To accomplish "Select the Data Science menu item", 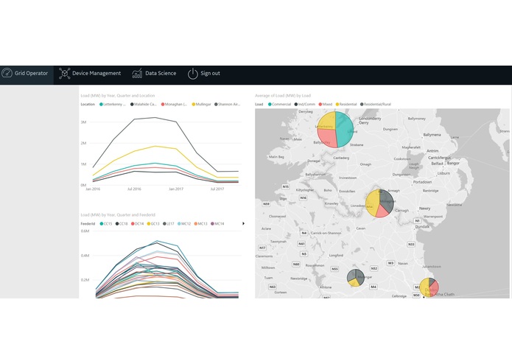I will tap(155, 74).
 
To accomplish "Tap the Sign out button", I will tap(204, 74).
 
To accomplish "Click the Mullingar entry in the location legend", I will tap(203, 105).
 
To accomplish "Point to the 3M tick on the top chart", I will tap(84, 122).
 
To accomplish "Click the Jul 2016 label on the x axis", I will tap(134, 189).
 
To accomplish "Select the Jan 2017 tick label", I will tap(175, 189).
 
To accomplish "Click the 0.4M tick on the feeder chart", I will tap(84, 256).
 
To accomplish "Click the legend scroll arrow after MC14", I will tap(243, 223).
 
